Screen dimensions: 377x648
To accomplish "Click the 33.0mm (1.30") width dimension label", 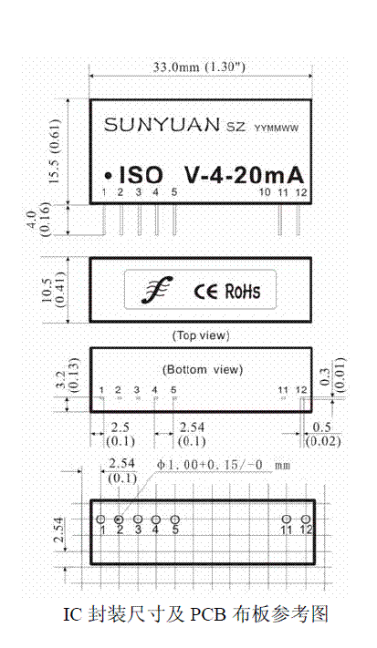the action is click(x=199, y=67).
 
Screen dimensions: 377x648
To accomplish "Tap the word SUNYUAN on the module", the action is click(x=162, y=124).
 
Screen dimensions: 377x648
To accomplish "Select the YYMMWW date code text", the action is click(x=276, y=129).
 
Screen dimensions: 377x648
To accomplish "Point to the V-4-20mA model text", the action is click(x=244, y=175).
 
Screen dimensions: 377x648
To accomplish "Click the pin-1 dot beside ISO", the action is click(x=109, y=176).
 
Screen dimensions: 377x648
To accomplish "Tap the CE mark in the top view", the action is click(x=205, y=292).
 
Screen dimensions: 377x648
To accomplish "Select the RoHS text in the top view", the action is click(x=243, y=291).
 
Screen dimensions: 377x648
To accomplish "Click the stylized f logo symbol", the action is click(x=155, y=290).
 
